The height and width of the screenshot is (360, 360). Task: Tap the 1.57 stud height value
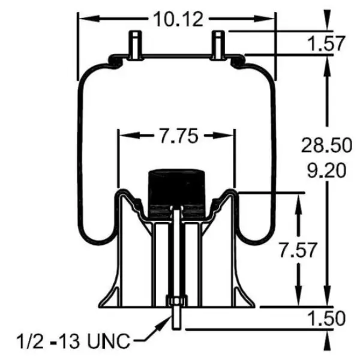tap(328, 43)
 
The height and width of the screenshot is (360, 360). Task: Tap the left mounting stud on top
tap(134, 43)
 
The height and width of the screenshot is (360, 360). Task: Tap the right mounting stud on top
tap(218, 43)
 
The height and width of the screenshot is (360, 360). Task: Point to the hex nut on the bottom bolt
tap(176, 302)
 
